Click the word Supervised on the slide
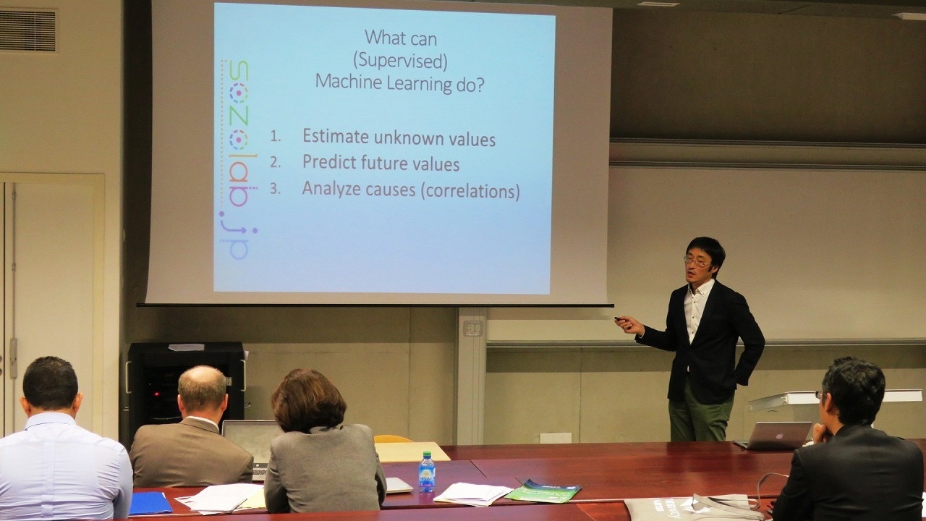click(x=400, y=61)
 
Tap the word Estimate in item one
click(x=336, y=136)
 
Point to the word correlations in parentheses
click(x=470, y=191)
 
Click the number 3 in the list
click(x=274, y=189)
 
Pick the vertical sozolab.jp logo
click(x=238, y=160)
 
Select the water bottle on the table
click(x=427, y=472)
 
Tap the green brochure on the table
click(x=543, y=491)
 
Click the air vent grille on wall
click(x=28, y=30)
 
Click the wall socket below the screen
click(x=472, y=328)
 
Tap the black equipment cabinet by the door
click(x=186, y=389)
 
